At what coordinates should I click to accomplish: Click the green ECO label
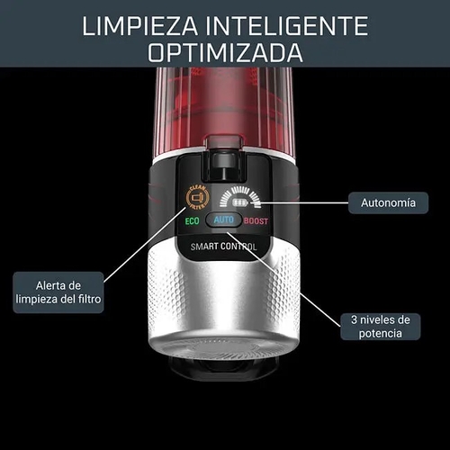tap(193, 220)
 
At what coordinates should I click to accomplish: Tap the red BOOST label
tap(256, 220)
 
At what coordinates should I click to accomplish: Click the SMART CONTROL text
tap(224, 247)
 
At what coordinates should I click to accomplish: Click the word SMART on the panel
tap(206, 247)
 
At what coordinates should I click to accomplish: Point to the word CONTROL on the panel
tap(240, 247)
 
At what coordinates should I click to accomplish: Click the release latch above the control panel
tap(224, 157)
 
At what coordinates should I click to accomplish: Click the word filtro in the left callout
tap(86, 298)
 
